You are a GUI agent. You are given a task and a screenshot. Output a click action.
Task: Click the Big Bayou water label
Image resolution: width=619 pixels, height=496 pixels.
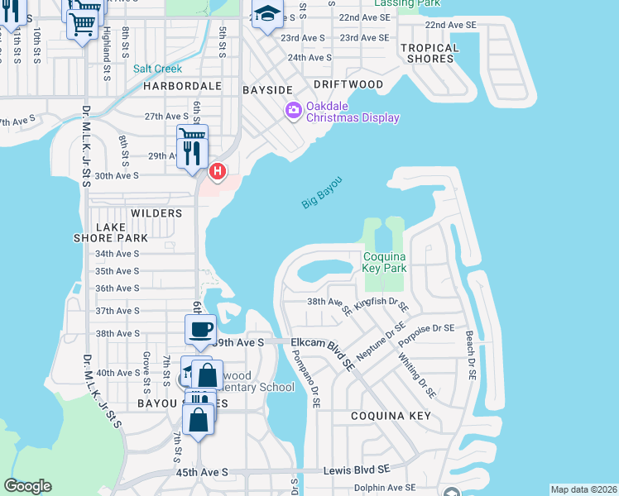[x=322, y=192]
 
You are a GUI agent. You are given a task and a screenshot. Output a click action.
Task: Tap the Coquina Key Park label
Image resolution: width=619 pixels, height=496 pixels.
[x=385, y=262]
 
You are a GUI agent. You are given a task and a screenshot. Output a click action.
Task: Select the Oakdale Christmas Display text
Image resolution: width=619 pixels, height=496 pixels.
[x=353, y=112]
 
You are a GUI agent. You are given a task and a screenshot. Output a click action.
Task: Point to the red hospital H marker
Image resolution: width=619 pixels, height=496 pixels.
[x=217, y=171]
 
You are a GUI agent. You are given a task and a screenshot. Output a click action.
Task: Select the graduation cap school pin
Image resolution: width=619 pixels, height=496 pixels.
[x=267, y=14]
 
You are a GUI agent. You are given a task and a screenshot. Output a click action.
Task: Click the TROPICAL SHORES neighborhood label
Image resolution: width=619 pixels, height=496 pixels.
[x=429, y=53]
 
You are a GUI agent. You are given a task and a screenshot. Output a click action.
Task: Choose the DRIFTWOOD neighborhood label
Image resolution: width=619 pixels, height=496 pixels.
[x=348, y=85]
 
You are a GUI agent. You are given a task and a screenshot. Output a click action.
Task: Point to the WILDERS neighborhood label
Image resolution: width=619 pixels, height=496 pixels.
[x=156, y=213]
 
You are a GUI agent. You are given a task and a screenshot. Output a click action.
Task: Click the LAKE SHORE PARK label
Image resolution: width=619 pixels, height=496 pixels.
[x=122, y=232]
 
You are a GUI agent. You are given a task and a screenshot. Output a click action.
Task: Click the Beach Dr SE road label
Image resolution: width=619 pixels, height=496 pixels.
[x=469, y=355]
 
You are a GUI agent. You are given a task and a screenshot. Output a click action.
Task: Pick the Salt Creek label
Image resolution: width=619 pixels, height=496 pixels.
[x=157, y=69]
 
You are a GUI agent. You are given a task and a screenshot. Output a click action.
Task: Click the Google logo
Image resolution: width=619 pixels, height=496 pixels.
[x=27, y=486]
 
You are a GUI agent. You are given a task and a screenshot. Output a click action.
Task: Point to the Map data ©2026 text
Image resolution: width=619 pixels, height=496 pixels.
[x=583, y=489]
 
